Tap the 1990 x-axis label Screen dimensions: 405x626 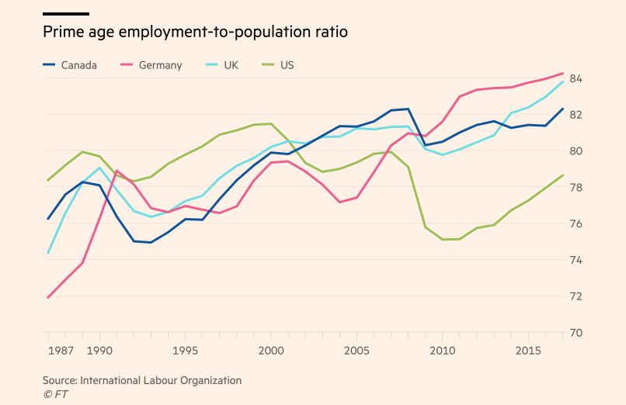(99, 351)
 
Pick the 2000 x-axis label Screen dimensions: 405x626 (271, 351)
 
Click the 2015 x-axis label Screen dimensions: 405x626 (528, 351)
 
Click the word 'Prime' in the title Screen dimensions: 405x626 (62, 33)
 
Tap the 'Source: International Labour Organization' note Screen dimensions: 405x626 (142, 380)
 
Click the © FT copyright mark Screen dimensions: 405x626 (55, 394)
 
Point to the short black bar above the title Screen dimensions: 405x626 (66, 14)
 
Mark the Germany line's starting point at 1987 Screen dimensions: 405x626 (48, 298)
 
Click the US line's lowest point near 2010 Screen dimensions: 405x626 (443, 240)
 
